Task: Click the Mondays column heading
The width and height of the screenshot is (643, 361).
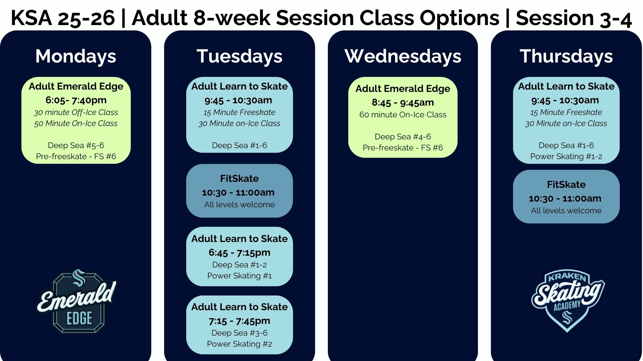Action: pyautogui.click(x=76, y=56)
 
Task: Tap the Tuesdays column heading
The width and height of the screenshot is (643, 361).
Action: pyautogui.click(x=239, y=56)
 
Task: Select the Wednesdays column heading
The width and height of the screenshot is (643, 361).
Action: pyautogui.click(x=403, y=56)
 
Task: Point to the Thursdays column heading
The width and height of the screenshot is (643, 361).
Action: pyautogui.click(x=566, y=56)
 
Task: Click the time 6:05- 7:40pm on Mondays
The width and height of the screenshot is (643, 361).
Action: pyautogui.click(x=76, y=100)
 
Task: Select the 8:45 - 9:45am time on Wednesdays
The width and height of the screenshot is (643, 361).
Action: pyautogui.click(x=403, y=102)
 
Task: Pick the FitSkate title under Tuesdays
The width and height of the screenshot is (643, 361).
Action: pyautogui.click(x=239, y=178)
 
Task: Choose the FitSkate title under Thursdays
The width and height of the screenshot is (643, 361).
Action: pyautogui.click(x=566, y=185)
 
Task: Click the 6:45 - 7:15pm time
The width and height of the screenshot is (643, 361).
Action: pyautogui.click(x=239, y=253)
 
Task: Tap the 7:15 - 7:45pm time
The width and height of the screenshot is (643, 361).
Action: pyautogui.click(x=239, y=321)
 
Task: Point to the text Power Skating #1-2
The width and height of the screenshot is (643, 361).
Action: pyautogui.click(x=566, y=156)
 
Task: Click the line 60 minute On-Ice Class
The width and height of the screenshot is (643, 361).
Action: pyautogui.click(x=403, y=115)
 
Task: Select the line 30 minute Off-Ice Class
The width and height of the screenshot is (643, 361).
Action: pyautogui.click(x=76, y=112)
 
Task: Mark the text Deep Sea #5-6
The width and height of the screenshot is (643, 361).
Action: pyautogui.click(x=76, y=145)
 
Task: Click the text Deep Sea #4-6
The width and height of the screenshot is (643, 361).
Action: pyautogui.click(x=403, y=137)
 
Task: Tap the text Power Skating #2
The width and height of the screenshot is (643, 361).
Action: pyautogui.click(x=239, y=344)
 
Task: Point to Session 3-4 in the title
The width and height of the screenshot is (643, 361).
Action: pyautogui.click(x=574, y=18)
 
